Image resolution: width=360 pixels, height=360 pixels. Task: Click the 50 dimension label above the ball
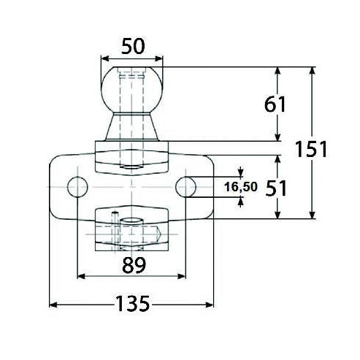132,45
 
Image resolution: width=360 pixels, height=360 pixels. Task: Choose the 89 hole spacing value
132,263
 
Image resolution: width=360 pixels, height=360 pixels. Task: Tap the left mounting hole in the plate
77,186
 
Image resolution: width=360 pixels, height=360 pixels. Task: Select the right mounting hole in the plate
187,186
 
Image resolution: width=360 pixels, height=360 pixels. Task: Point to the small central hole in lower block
132,221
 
